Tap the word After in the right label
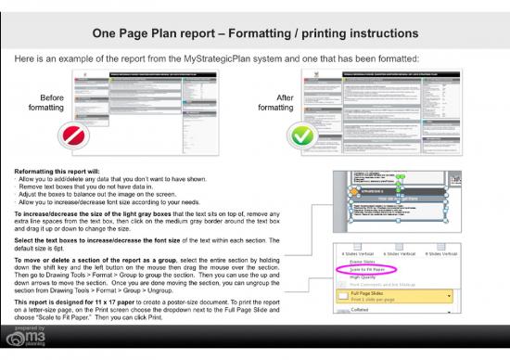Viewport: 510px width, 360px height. point(286,96)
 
